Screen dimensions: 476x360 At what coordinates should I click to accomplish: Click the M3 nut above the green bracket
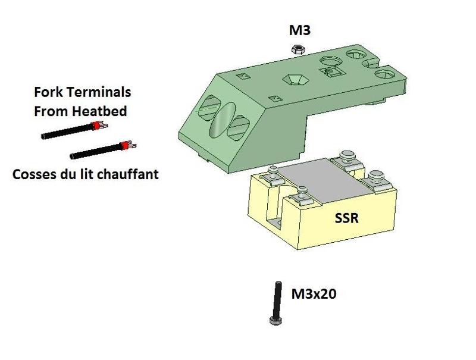pyautogui.click(x=298, y=49)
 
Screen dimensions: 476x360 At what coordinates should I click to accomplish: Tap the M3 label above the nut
pyautogui.click(x=300, y=30)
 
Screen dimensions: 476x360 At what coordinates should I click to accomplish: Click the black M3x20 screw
pyautogui.click(x=276, y=303)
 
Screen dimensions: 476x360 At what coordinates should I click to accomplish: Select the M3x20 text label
pyautogui.click(x=314, y=294)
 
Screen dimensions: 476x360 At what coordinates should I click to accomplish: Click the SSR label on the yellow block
pyautogui.click(x=346, y=218)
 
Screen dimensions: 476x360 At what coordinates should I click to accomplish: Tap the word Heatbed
pyautogui.click(x=99, y=111)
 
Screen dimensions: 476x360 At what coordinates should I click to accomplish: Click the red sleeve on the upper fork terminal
pyautogui.click(x=96, y=126)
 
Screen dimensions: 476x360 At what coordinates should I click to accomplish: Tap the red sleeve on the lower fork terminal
pyautogui.click(x=124, y=146)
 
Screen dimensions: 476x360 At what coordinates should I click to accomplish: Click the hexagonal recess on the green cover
pyautogui.click(x=295, y=80)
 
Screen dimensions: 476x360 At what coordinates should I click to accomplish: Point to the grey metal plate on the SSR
pyautogui.click(x=324, y=181)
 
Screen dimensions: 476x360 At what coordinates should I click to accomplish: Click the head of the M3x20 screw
pyautogui.click(x=275, y=321)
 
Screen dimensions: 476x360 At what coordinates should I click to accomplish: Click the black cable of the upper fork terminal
pyautogui.click(x=67, y=132)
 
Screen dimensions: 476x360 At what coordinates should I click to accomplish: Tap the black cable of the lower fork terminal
pyautogui.click(x=96, y=152)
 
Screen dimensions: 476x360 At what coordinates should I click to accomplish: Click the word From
pyautogui.click(x=51, y=111)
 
